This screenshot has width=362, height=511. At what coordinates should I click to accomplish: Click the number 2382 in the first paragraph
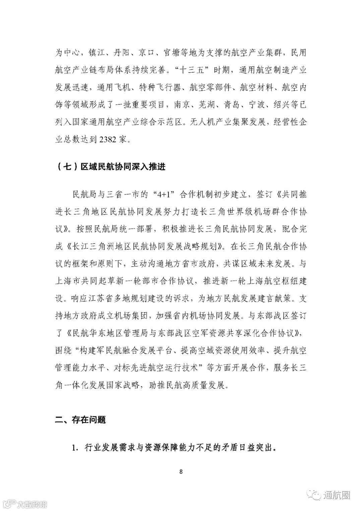(108, 139)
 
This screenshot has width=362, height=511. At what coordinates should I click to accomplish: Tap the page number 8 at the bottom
(181, 472)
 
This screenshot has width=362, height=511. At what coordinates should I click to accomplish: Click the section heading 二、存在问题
(80, 420)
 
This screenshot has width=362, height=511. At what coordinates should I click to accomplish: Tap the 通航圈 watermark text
(337, 495)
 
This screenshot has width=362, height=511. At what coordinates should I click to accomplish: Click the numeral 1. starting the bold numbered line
(75, 448)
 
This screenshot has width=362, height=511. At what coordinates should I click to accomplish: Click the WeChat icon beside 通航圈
(315, 495)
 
